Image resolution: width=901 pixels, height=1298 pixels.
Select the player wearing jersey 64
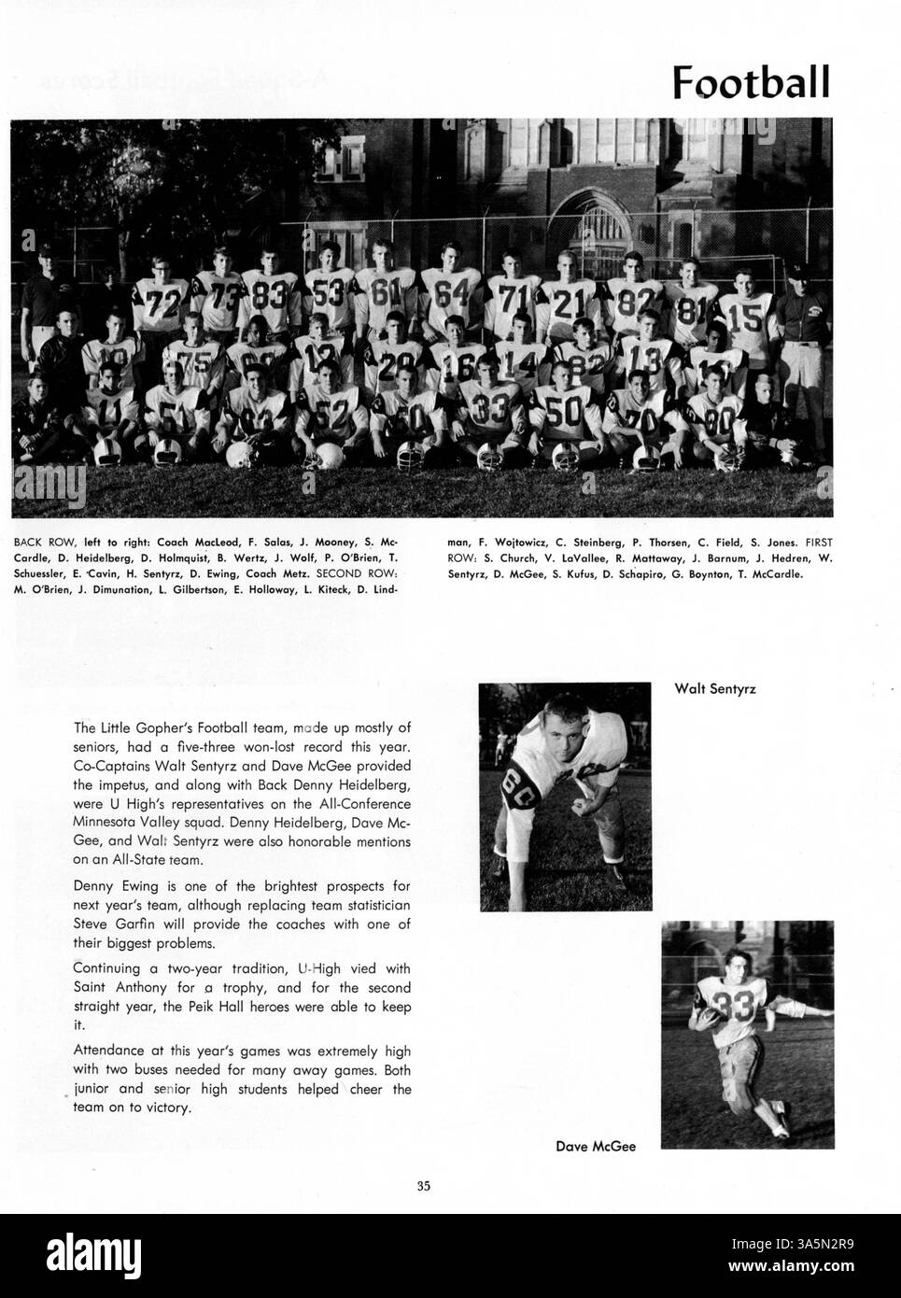coord(452,292)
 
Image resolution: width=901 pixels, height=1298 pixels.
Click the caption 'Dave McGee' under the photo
coord(596,1146)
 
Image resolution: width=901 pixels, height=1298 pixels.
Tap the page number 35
coord(424,1187)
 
